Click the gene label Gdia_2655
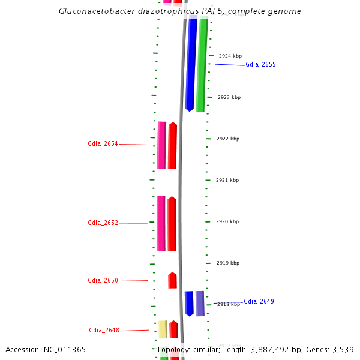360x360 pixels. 260,64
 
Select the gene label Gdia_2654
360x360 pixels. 103,144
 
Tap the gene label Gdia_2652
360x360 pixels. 103,223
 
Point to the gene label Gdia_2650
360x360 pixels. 103,281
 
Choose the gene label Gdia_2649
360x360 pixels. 259,301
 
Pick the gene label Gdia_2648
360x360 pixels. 104,331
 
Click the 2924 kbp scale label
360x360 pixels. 230,56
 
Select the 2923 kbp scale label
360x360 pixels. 229,97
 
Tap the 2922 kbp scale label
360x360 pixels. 228,139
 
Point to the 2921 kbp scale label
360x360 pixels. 227,180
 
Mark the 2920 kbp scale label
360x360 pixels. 227,221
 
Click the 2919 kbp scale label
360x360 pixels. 227,263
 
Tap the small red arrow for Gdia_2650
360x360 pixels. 172,281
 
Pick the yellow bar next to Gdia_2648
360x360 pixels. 163,329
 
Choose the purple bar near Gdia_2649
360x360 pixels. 200,304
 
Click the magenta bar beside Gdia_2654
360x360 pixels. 161,145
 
